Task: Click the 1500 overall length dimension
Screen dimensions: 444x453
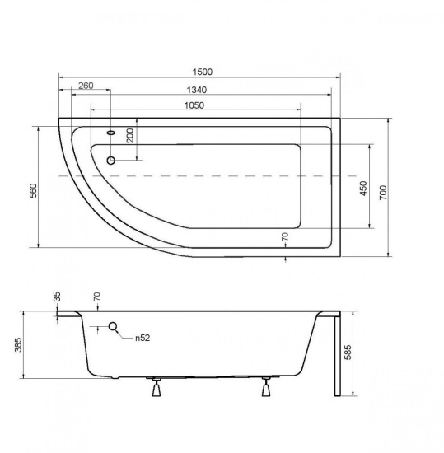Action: (x=203, y=72)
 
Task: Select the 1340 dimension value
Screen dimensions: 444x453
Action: (x=196, y=90)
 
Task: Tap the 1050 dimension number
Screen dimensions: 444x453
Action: (x=194, y=105)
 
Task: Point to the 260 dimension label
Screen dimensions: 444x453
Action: (x=86, y=86)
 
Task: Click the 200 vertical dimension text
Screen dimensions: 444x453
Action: (x=130, y=136)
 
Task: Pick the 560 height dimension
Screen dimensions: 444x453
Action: (x=34, y=191)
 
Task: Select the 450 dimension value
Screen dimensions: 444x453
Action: (x=363, y=189)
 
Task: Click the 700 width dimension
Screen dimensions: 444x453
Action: (x=383, y=193)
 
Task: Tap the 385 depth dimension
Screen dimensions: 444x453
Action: (x=18, y=344)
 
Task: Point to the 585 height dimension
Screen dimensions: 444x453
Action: (x=348, y=352)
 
